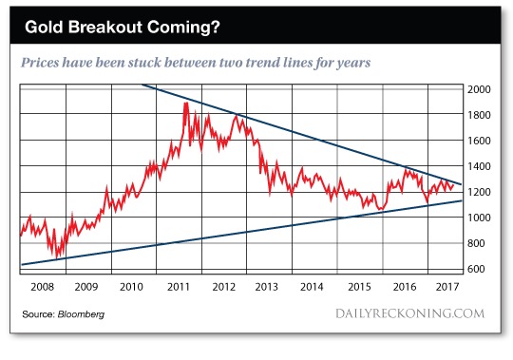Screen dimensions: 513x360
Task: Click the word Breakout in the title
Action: [105, 27]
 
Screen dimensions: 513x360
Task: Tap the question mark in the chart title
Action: [216, 27]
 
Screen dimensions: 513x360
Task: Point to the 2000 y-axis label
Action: [479, 89]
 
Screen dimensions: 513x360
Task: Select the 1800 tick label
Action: [479, 115]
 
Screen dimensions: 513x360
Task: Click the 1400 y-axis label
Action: [479, 166]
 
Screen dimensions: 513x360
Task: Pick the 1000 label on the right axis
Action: [479, 218]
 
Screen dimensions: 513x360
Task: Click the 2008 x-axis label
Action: [42, 287]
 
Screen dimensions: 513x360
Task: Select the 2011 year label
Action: [179, 287]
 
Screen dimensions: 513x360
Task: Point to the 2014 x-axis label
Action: [312, 287]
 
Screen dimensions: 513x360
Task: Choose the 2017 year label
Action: [447, 287]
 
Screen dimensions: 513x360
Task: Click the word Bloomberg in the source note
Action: [81, 314]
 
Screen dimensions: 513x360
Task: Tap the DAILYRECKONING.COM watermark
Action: [410, 313]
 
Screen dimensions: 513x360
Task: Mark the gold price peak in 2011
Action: [186, 103]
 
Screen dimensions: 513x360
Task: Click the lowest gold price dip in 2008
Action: [57, 258]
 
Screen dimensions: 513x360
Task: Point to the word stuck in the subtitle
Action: [146, 62]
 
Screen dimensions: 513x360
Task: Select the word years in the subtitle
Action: [353, 63]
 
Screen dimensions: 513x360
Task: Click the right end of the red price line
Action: [453, 185]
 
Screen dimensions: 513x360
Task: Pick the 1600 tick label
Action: [479, 141]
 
